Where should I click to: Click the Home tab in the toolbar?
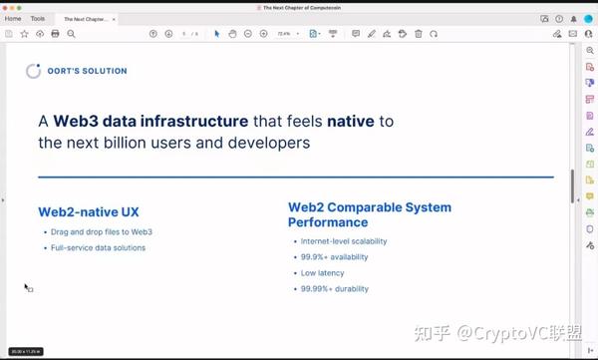13,19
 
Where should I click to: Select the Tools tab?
38,19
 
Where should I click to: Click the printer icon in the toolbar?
55,34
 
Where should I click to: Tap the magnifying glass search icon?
71,34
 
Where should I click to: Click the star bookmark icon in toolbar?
24,34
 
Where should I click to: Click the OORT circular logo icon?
33,71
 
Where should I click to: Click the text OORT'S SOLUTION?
88,72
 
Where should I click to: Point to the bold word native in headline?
350,122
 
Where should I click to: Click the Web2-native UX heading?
88,212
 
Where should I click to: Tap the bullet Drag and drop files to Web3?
103,232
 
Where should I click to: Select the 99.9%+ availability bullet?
334,257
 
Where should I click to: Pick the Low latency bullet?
321,273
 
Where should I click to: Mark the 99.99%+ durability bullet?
334,289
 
